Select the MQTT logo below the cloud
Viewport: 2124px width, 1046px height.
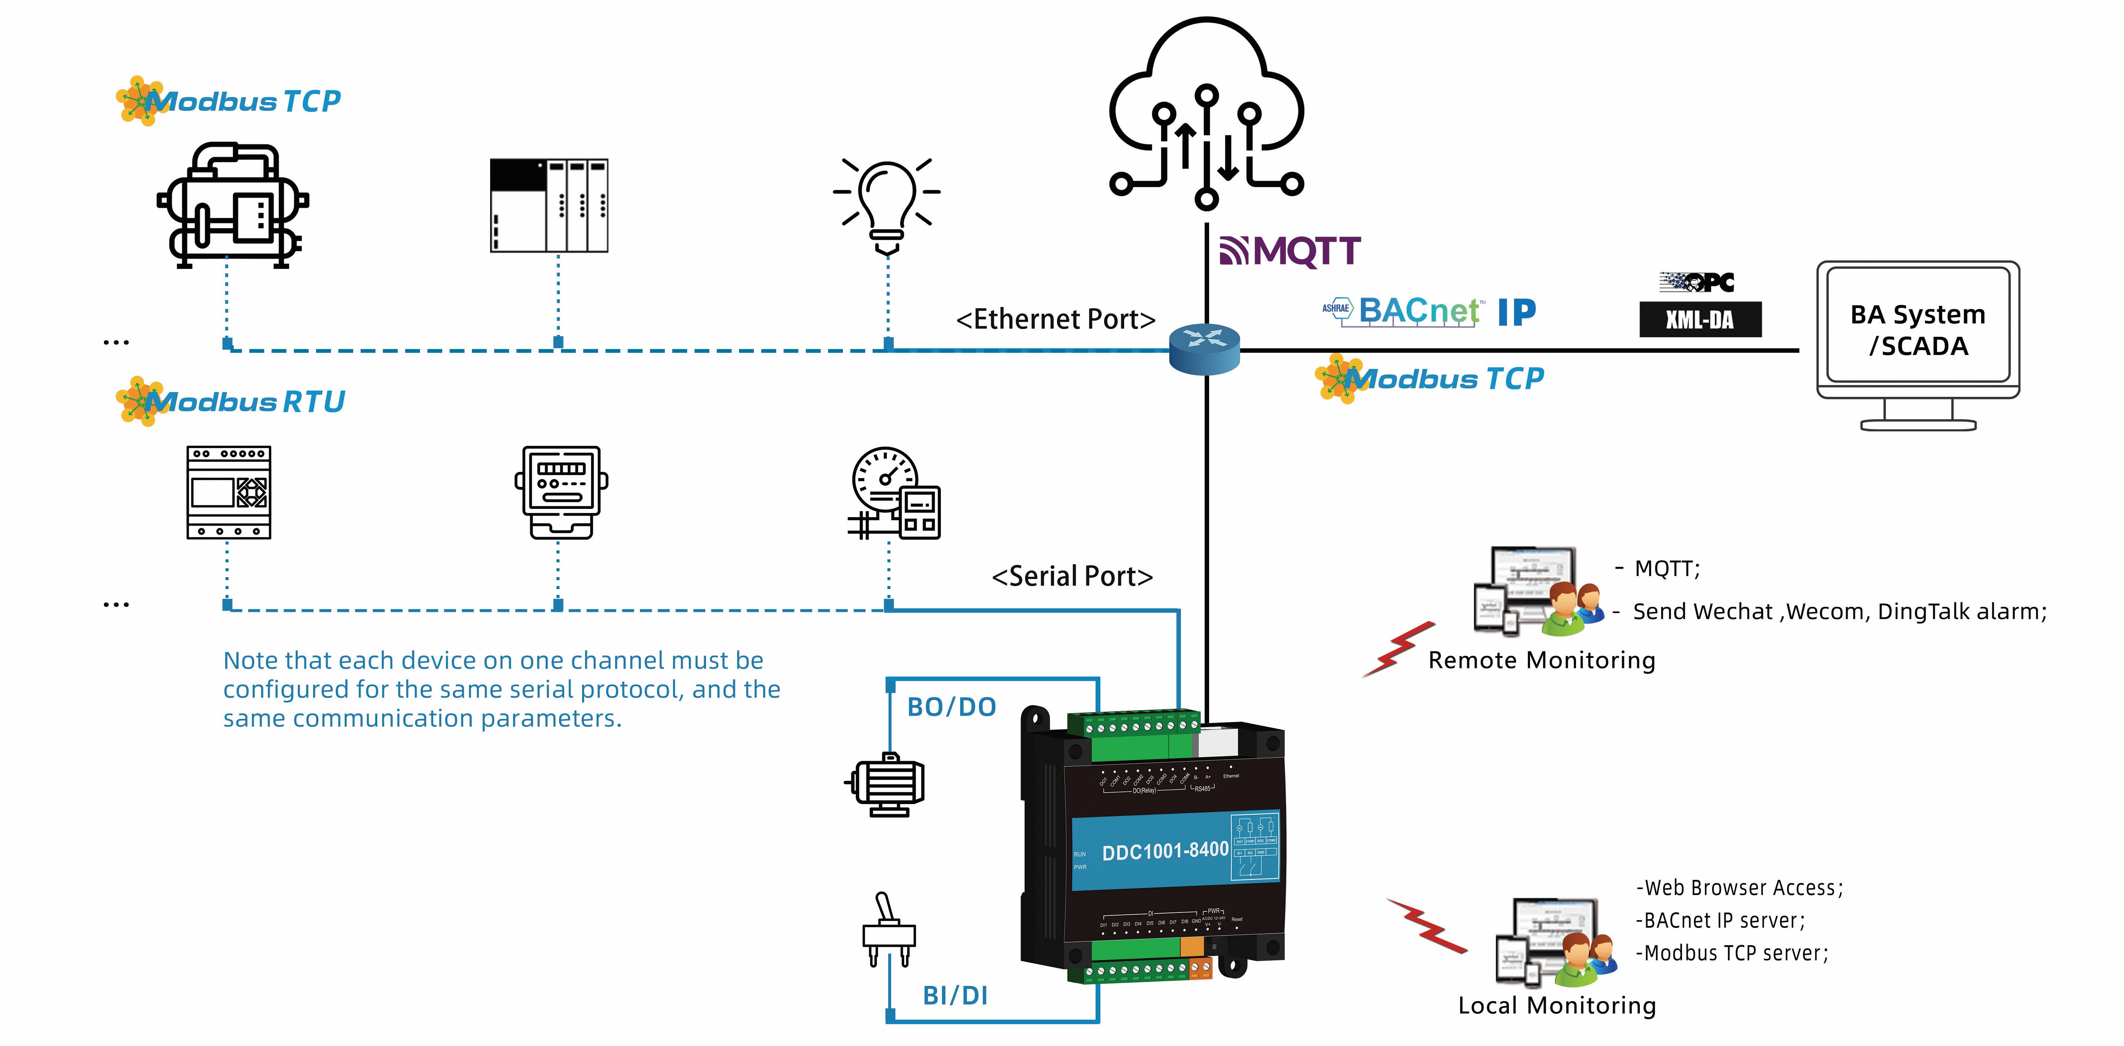(1290, 251)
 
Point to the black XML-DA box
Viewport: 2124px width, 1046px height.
(1700, 319)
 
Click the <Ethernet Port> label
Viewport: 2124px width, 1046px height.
(1056, 319)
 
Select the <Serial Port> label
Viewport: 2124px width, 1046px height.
(1072, 576)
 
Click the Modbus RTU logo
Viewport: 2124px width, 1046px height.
(231, 401)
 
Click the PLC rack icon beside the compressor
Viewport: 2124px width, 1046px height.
(549, 205)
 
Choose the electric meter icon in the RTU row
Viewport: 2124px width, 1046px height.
(561, 492)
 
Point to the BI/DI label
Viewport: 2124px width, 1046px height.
(955, 995)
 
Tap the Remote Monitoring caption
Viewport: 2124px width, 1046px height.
(1541, 660)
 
